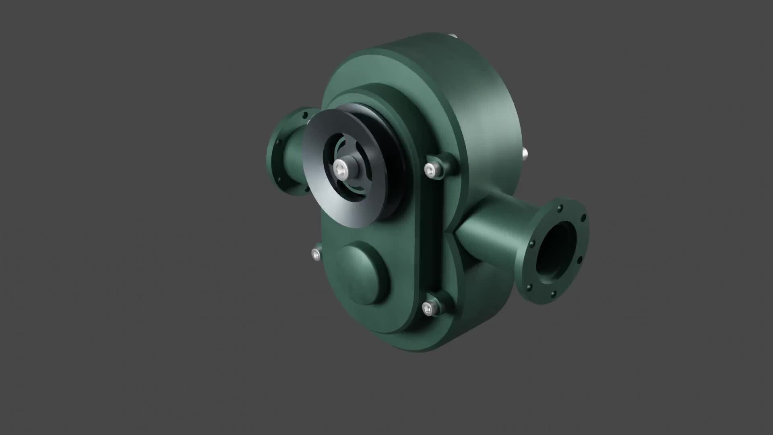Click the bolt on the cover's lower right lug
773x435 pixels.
pos(429,308)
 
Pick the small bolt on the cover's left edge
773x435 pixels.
pos(316,254)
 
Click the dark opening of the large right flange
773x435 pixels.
pos(558,252)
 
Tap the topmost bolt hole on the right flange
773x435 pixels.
pos(560,209)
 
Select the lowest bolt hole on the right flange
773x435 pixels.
pos(553,296)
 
